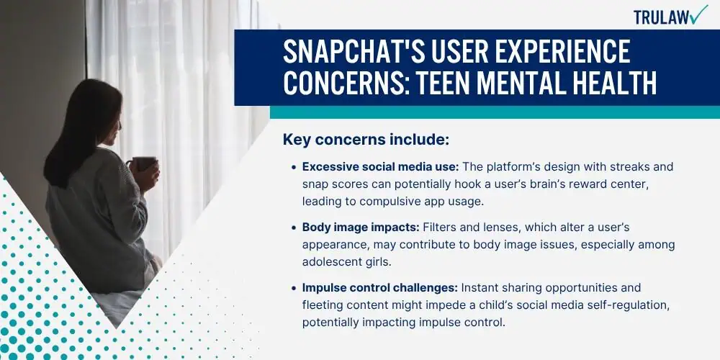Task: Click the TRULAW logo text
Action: tap(661, 17)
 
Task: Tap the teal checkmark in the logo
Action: tap(699, 14)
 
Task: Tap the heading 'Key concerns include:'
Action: tap(366, 140)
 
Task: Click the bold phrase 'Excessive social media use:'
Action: tap(381, 167)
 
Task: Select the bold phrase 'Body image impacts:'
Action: tap(361, 227)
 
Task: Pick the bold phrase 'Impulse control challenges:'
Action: tap(379, 288)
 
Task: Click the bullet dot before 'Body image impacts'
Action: tap(294, 228)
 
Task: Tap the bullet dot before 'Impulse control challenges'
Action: tap(294, 289)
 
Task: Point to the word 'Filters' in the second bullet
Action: tap(440, 227)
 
